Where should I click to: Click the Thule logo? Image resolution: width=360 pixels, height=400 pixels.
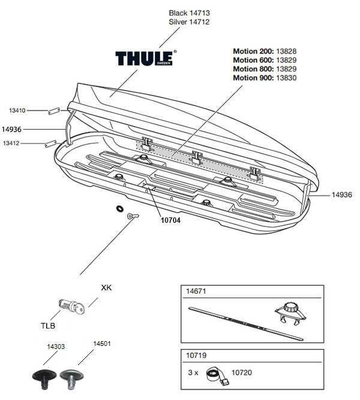146,58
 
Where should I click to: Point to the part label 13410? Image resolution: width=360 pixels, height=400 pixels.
17,111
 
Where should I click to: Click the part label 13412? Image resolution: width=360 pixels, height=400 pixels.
12,144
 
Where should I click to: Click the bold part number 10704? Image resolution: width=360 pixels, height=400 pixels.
170,220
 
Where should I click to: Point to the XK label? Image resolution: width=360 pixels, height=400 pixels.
106,288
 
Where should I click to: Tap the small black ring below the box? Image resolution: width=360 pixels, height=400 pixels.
119,210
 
